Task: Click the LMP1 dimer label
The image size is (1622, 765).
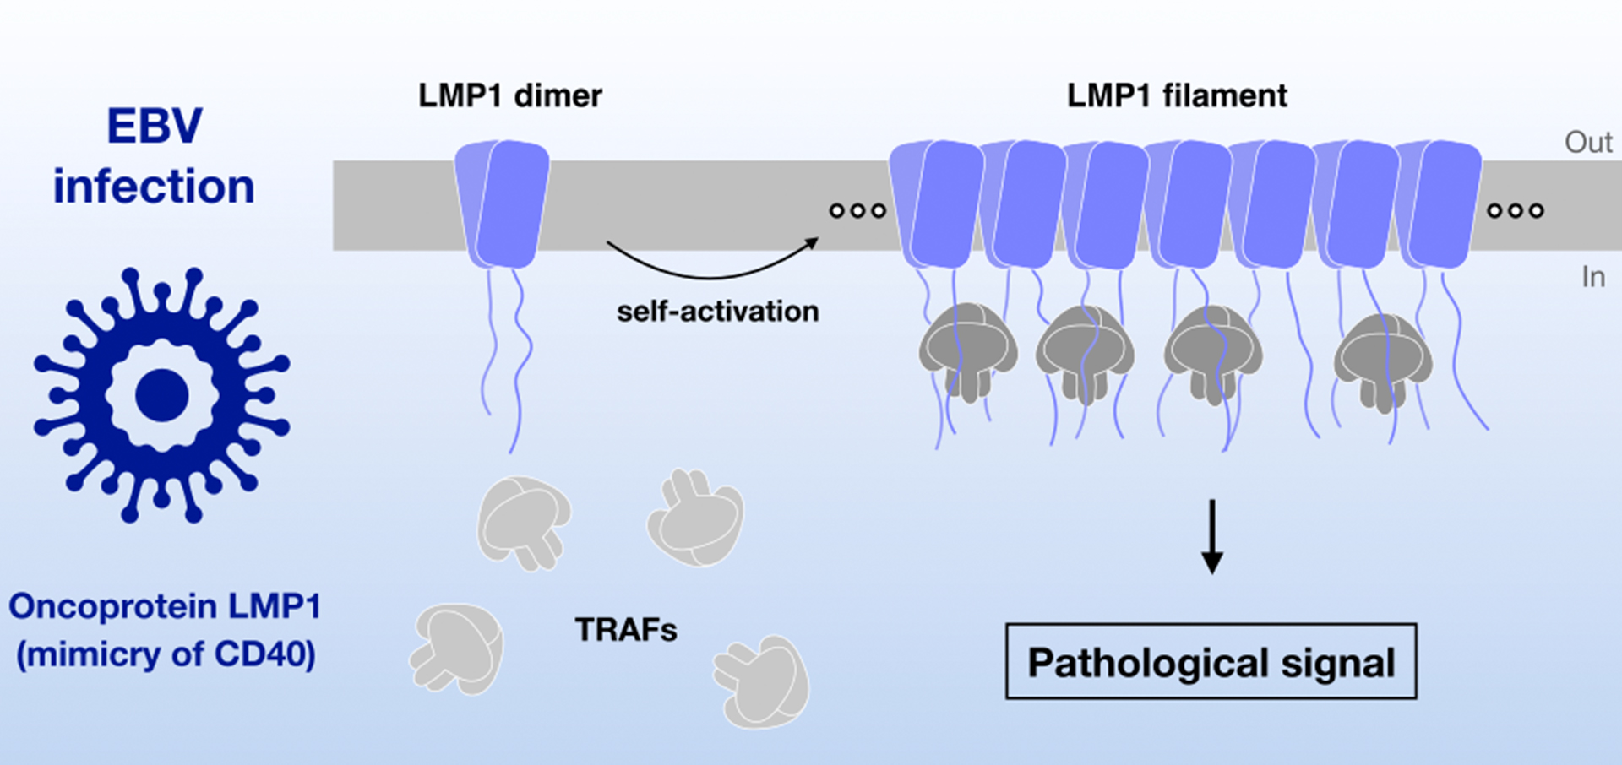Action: [x=509, y=95]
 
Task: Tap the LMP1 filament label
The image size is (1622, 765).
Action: [x=1177, y=95]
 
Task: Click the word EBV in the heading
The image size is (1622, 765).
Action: [x=155, y=127]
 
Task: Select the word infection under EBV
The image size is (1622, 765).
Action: [x=154, y=187]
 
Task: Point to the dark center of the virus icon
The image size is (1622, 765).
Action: [x=161, y=395]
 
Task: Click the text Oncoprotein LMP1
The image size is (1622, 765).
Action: [x=165, y=606]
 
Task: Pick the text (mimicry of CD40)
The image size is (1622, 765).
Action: [x=166, y=654]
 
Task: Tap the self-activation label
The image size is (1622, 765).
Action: [x=717, y=312]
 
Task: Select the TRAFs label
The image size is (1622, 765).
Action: [x=626, y=630]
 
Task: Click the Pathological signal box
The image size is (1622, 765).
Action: [x=1211, y=662]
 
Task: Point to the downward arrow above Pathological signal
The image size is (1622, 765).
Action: [x=1212, y=537]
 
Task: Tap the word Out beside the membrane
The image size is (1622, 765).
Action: [x=1588, y=142]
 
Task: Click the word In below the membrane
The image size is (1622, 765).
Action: [x=1593, y=277]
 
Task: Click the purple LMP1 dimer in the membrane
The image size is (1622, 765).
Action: [x=503, y=204]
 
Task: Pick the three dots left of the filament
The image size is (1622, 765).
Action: [x=857, y=210]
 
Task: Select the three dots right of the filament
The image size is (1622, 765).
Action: [x=1516, y=210]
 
